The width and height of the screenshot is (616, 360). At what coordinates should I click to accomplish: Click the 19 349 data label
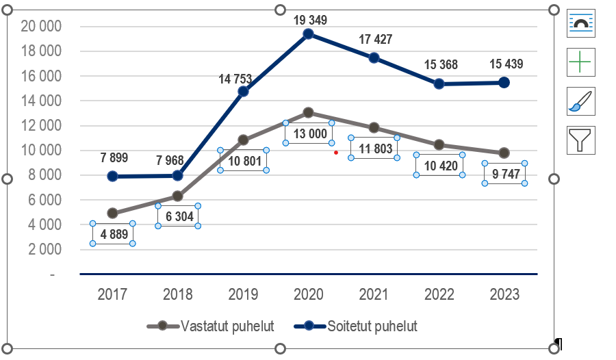pos(311,20)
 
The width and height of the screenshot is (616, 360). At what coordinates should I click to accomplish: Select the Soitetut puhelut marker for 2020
pos(309,34)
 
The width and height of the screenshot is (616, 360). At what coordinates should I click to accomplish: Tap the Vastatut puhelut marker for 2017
pos(112,214)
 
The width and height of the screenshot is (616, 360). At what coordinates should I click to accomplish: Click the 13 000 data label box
pos(310,133)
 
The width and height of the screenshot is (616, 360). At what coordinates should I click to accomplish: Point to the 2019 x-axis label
pos(243,295)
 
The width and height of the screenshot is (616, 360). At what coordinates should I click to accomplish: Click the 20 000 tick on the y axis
pos(41,27)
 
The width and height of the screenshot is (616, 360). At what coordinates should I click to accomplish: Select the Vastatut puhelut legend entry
pos(211,326)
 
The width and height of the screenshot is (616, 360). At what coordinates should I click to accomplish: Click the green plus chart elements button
pos(581,62)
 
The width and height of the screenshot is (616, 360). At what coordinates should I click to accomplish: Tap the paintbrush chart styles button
pos(581,101)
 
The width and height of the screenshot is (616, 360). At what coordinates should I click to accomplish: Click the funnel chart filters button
pos(581,139)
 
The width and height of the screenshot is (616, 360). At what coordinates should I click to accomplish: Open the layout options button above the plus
pos(581,23)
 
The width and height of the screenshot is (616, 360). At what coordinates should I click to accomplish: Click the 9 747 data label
pos(504,174)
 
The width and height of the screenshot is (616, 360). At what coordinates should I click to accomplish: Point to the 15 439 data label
pos(506,64)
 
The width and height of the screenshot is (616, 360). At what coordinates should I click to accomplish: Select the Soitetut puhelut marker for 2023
pos(504,82)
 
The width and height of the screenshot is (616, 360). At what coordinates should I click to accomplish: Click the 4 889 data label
pos(113,234)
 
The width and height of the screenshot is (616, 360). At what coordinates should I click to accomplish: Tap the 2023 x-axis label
pos(504,295)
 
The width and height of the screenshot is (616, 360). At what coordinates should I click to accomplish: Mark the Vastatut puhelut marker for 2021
pos(374,127)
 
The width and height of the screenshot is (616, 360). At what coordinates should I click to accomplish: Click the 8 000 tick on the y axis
pos(44,175)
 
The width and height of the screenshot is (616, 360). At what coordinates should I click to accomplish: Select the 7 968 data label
pos(179,160)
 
